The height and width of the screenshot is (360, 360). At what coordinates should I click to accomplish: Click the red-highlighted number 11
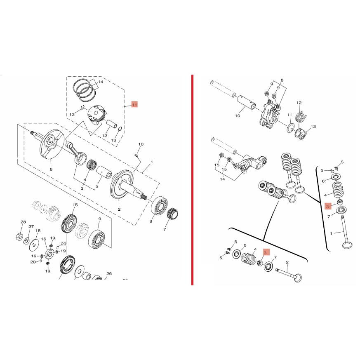click(134, 105)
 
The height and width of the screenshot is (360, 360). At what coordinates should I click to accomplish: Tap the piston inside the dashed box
click(96, 115)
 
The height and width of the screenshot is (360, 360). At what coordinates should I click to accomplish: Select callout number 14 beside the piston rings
click(101, 82)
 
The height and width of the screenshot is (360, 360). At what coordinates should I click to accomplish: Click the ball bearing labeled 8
click(159, 206)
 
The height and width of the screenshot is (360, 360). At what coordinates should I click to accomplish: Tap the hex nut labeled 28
click(19, 236)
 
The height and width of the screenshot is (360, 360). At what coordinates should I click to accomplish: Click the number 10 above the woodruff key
click(141, 144)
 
